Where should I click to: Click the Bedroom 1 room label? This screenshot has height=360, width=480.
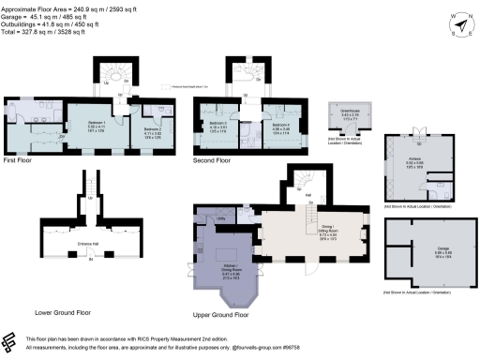pyautogui.click(x=92, y=122)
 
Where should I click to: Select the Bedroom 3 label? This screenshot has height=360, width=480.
pyautogui.click(x=217, y=124)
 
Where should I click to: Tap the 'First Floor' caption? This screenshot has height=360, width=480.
pyautogui.click(x=20, y=159)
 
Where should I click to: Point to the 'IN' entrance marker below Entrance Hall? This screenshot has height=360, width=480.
pyautogui.click(x=90, y=271)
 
